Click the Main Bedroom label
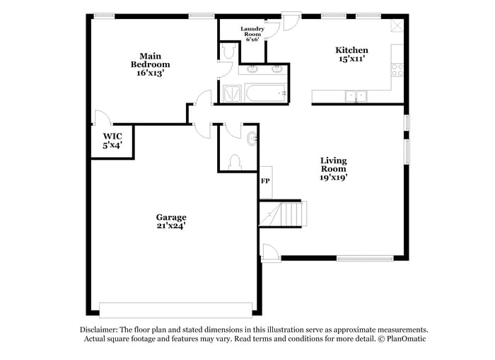pyautogui.click(x=150, y=64)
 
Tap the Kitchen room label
pyautogui.click(x=351, y=54)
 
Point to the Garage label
pyautogui.click(x=171, y=221)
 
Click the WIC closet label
pyautogui.click(x=112, y=140)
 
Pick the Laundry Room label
pyautogui.click(x=252, y=34)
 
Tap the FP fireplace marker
pyautogui.click(x=265, y=182)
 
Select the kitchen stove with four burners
pyautogui.click(x=397, y=70)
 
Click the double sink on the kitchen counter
pyautogui.click(x=356, y=95)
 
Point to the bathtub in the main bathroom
pyautogui.click(x=265, y=93)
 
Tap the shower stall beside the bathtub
pyautogui.click(x=231, y=93)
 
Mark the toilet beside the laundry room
pyautogui.click(x=228, y=52)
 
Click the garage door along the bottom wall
pyautogui.click(x=175, y=310)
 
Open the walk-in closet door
pyautogui.click(x=101, y=117)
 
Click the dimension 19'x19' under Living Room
pyautogui.click(x=333, y=178)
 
